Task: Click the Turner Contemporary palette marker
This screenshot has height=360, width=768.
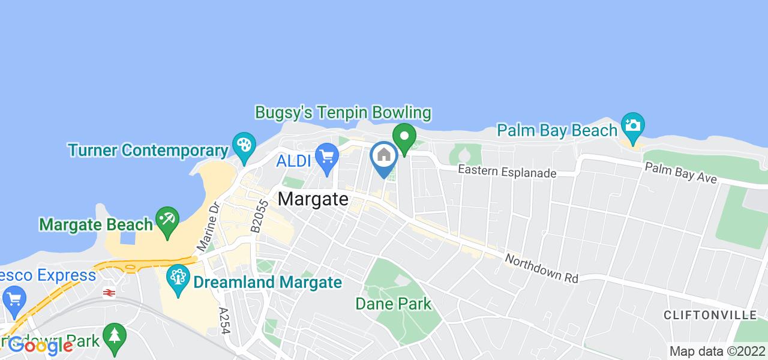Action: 244,146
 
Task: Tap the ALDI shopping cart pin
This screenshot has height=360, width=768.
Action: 327,157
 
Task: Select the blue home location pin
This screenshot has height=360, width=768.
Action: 384,156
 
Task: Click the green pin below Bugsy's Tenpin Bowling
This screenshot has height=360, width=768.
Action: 404,137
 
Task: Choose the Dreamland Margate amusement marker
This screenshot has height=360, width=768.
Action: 178,280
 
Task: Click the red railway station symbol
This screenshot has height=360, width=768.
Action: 109,293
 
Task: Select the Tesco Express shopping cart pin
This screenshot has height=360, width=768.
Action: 13,298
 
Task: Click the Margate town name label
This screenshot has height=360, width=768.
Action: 314,199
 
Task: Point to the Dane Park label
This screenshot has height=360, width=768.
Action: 393,304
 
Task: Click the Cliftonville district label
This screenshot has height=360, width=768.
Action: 710,315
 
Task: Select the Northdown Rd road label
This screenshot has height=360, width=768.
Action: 541,269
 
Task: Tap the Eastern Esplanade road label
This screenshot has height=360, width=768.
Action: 507,172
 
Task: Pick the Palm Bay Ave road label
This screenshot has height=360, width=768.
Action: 680,173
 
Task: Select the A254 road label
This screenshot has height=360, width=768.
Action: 225,324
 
